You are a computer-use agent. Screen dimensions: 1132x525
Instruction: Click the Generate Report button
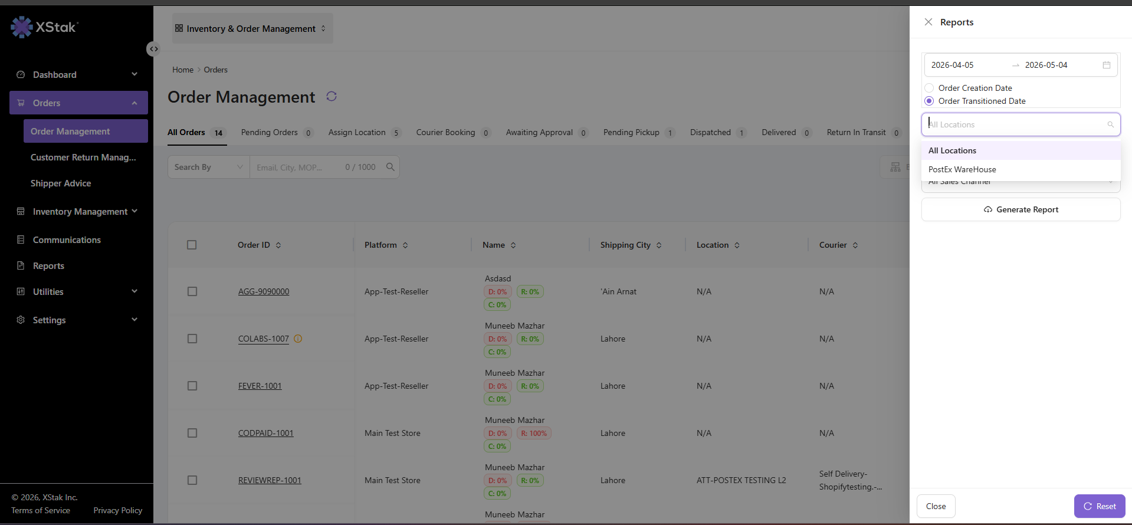point(1021,209)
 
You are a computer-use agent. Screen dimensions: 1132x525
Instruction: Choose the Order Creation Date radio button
point(929,88)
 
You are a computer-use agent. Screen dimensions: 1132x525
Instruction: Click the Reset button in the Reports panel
point(1100,506)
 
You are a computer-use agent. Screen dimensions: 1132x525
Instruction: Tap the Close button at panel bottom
point(936,506)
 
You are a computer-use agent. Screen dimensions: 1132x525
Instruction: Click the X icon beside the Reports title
point(928,22)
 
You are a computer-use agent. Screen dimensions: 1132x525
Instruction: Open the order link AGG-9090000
point(264,291)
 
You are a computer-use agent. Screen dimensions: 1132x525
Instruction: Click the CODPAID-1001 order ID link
point(266,433)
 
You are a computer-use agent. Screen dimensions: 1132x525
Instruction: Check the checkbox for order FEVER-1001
point(192,386)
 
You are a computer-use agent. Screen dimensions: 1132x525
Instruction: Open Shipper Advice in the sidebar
point(61,183)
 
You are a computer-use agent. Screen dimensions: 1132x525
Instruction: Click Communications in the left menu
point(67,240)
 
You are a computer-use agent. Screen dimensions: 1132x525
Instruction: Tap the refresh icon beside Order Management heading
point(332,96)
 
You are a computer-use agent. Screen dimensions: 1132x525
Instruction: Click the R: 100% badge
point(534,434)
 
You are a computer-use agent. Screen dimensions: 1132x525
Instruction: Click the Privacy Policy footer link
point(118,510)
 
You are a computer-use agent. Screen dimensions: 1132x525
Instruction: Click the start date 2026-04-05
point(953,65)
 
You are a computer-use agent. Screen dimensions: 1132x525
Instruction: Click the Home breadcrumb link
point(183,70)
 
